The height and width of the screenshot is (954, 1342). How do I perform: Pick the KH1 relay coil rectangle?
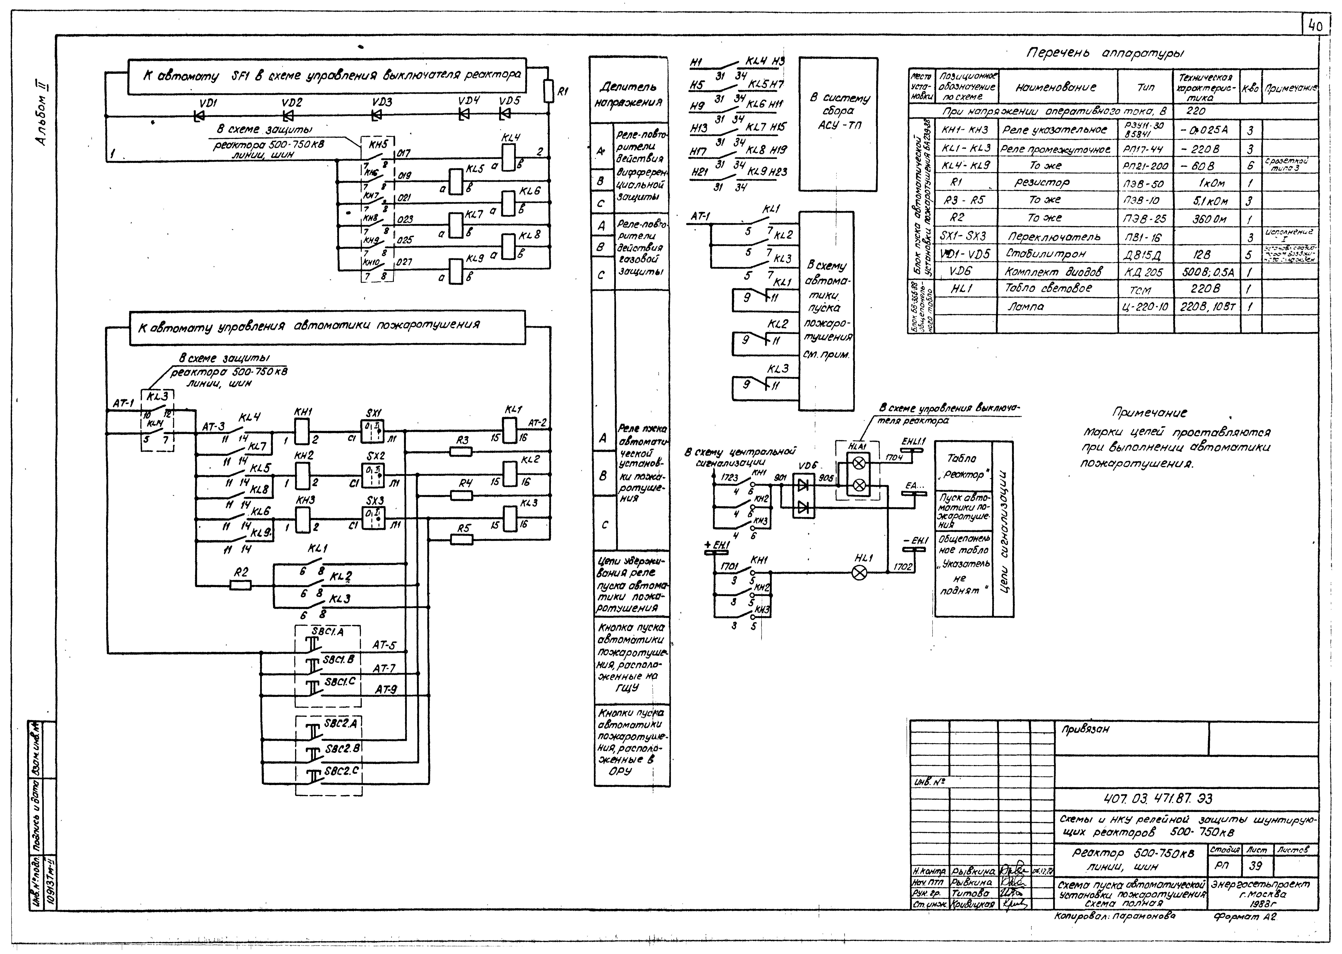[302, 434]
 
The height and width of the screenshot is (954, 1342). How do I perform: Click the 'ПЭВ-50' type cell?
[1144, 183]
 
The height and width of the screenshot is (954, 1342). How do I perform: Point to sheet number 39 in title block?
[1256, 866]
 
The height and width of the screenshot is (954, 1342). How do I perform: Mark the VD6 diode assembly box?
[804, 496]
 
